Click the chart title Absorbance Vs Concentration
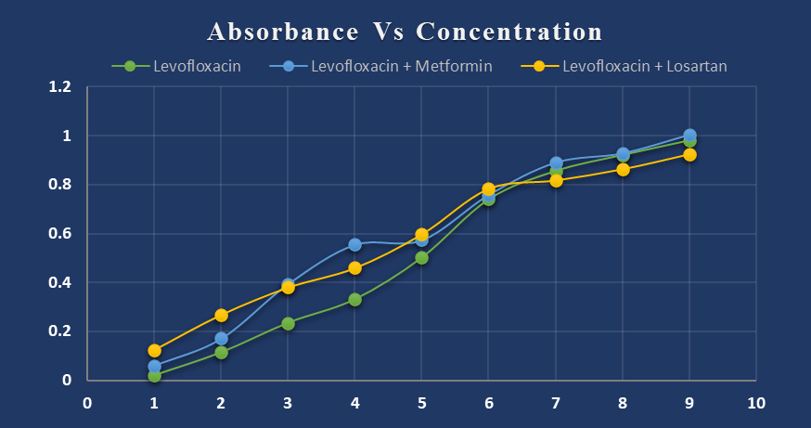point(405,32)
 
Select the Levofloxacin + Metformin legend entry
point(400,66)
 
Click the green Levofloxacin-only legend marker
point(131,66)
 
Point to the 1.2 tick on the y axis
point(60,87)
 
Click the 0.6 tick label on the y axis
point(60,234)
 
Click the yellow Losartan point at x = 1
point(154,351)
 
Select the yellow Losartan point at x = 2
point(221,316)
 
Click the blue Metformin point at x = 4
point(354,245)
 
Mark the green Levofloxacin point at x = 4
point(354,300)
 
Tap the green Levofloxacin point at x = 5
point(421,258)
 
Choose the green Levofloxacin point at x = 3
point(288,324)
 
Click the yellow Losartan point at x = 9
point(689,155)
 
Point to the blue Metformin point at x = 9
point(689,136)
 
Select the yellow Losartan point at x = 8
point(623,170)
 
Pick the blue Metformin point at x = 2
point(221,339)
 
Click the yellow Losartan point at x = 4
point(354,268)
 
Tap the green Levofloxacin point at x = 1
point(154,376)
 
